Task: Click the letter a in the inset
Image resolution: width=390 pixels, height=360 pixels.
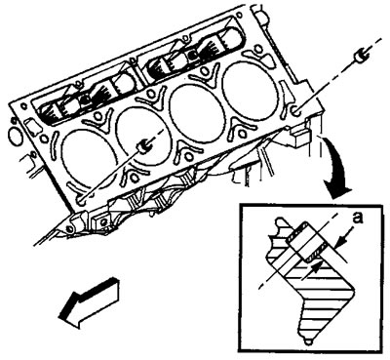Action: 358,219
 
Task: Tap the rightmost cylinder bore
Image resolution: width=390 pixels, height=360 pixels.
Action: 251,87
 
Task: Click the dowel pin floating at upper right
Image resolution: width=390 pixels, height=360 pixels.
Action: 360,58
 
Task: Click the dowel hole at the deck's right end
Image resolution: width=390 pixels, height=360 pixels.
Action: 296,111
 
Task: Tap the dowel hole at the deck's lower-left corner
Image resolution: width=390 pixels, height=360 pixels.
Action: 82,199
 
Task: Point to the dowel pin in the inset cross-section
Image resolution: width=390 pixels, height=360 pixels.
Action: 307,241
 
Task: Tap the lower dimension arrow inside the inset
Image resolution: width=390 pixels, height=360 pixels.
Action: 313,267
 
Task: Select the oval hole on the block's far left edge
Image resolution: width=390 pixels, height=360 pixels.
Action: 14,137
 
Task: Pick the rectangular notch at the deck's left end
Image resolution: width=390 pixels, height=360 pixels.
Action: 32,126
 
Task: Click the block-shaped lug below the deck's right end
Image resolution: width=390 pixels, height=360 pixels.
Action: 300,137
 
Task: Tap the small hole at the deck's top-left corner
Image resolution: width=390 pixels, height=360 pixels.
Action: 23,106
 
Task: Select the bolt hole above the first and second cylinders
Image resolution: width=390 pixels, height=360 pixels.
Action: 97,116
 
